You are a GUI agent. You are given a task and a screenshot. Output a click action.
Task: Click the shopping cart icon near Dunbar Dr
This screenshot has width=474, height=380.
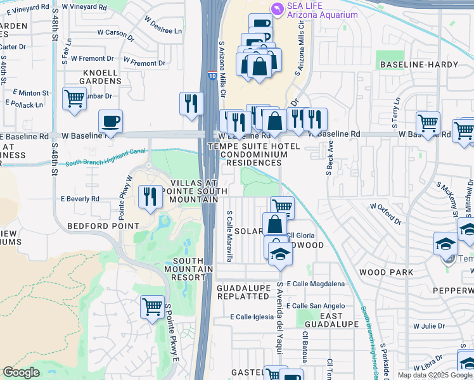(74, 99)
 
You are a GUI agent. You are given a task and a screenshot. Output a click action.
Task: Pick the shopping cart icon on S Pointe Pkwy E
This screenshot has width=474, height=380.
(152, 308)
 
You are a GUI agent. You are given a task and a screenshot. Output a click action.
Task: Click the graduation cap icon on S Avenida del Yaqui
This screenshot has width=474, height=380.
(279, 254)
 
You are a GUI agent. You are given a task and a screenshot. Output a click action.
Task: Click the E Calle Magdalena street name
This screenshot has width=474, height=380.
(316, 284)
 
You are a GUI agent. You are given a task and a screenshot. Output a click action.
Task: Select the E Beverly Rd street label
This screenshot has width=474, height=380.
(80, 198)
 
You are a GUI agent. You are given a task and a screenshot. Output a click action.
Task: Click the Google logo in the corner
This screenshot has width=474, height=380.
(21, 372)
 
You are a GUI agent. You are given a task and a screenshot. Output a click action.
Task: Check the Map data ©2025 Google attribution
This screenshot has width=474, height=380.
(435, 375)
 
